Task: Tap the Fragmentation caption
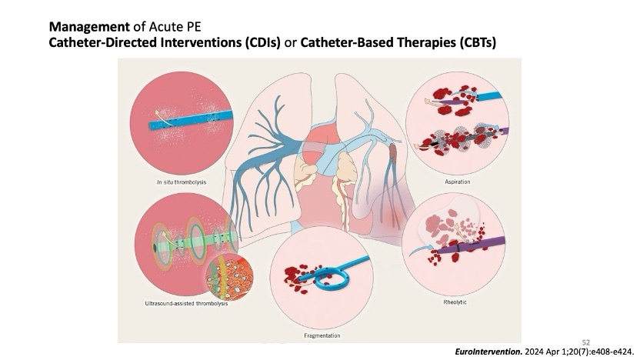pos(322,335)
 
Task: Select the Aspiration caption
pos(458,182)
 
